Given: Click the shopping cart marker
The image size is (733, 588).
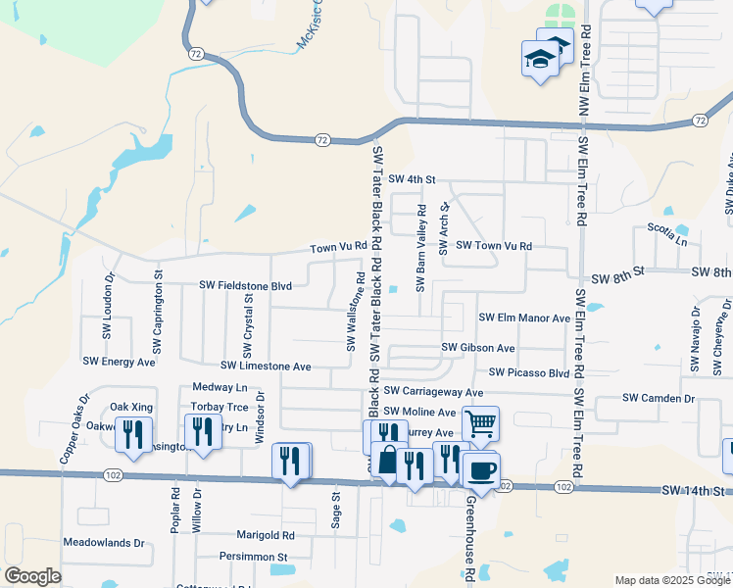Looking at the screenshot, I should click(x=480, y=423).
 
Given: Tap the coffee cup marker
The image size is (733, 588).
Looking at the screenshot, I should click(x=481, y=468).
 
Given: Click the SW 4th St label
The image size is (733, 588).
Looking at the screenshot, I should click(x=411, y=179).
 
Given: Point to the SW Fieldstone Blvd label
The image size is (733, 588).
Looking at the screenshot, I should click(x=246, y=285).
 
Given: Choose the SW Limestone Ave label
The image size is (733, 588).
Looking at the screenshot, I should click(x=266, y=366).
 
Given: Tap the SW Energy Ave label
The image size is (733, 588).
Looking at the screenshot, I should click(x=119, y=362).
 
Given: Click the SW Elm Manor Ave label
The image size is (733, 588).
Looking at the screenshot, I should click(x=524, y=318).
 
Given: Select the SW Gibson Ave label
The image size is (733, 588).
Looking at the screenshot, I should click(x=477, y=347).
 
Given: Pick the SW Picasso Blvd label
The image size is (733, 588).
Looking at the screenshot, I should click(x=529, y=372).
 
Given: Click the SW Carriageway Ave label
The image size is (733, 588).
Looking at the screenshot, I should click(x=433, y=392).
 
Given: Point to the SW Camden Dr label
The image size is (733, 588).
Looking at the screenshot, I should click(x=659, y=399).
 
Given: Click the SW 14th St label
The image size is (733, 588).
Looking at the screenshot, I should click(x=697, y=489).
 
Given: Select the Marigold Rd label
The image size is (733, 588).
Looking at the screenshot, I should click(x=266, y=535).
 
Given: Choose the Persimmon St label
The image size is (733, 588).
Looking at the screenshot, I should click(x=253, y=557).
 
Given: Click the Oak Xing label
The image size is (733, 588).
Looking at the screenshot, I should click(x=130, y=407).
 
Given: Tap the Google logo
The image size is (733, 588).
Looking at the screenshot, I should click(x=32, y=576).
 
